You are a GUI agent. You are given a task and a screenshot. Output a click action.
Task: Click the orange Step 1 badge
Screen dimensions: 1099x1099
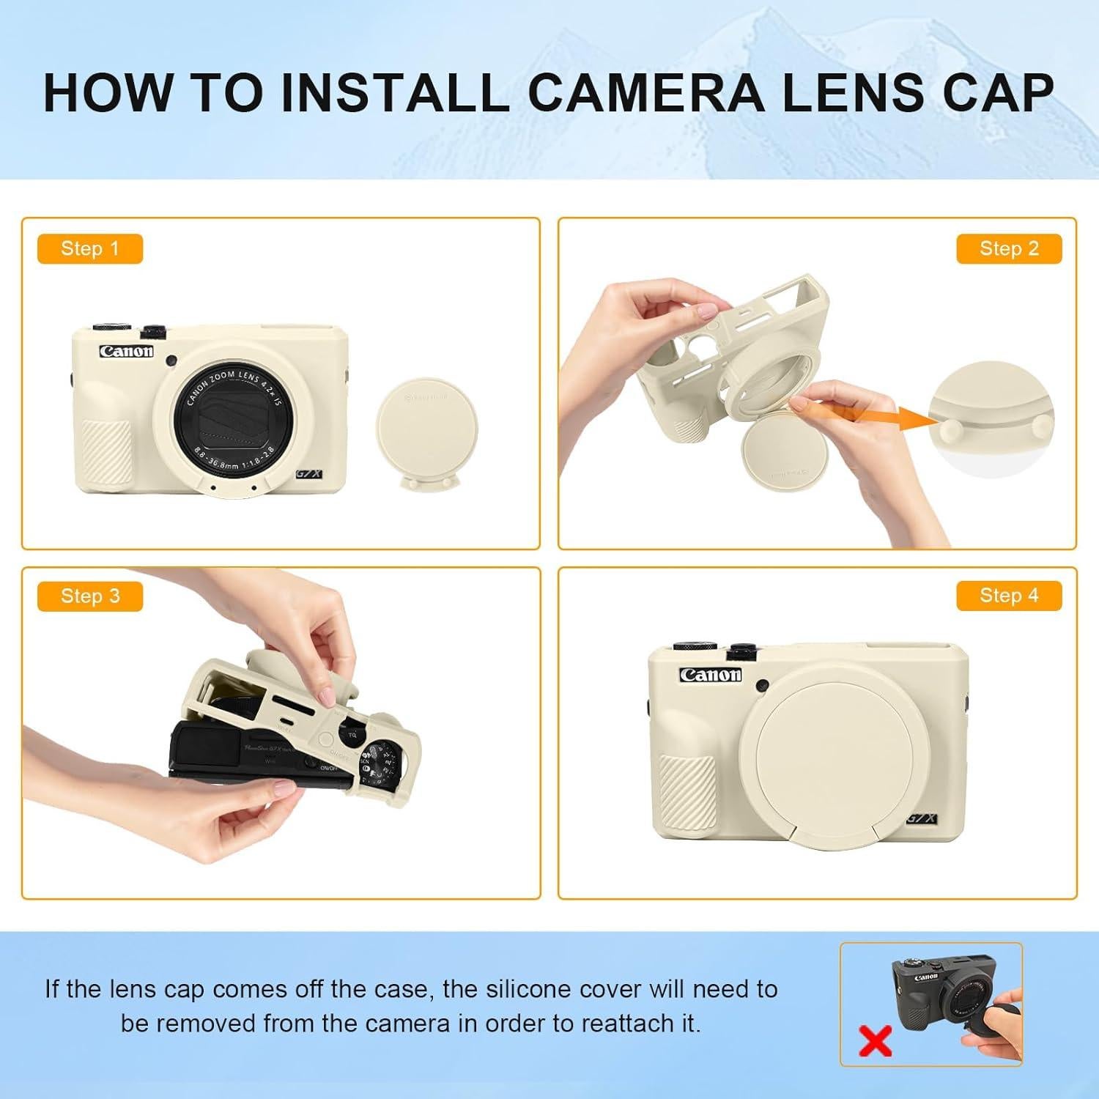(89, 249)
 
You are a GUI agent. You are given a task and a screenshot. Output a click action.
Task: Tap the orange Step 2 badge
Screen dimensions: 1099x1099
(1009, 249)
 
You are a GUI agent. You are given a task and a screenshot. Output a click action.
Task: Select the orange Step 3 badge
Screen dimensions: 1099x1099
(89, 596)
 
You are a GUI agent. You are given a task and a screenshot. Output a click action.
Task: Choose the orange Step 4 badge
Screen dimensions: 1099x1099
(1009, 596)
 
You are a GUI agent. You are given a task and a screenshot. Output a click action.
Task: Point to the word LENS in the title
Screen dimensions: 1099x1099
(854, 92)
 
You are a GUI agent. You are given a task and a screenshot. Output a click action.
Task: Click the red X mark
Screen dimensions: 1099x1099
(875, 1040)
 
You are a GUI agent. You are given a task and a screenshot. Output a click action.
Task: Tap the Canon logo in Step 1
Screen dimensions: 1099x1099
(127, 351)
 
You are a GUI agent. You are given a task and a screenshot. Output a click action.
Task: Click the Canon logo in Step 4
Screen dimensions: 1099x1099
(710, 675)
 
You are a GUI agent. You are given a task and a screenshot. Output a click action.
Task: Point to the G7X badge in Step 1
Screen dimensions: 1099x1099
(308, 474)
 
